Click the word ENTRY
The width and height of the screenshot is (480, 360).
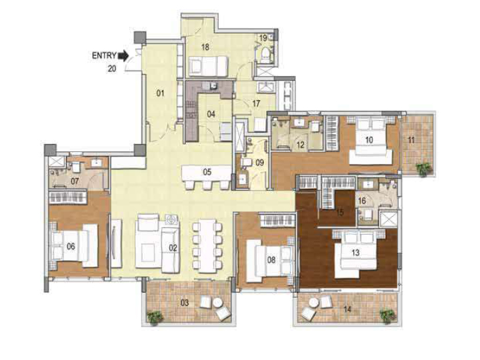(104, 55)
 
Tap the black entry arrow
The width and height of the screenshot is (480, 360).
(123, 56)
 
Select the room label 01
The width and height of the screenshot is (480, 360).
(160, 93)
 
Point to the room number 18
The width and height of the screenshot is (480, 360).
(205, 47)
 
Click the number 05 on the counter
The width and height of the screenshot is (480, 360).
(207, 172)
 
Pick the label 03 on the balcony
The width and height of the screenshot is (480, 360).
(185, 303)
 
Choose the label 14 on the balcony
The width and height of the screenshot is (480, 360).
(347, 309)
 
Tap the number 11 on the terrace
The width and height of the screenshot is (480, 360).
(411, 140)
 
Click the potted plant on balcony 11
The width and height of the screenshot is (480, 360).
(424, 169)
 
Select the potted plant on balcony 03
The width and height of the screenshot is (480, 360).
(155, 317)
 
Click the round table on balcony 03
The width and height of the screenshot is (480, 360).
(217, 303)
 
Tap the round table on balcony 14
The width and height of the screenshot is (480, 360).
(314, 303)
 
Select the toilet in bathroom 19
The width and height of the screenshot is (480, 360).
(266, 55)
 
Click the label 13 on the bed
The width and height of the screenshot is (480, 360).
(355, 253)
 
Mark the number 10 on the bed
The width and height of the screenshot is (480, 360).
(369, 140)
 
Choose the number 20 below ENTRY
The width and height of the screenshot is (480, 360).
(112, 69)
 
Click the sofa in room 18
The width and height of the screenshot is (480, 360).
(208, 65)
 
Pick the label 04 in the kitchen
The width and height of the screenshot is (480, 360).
(211, 115)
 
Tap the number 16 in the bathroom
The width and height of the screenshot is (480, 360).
(362, 201)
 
